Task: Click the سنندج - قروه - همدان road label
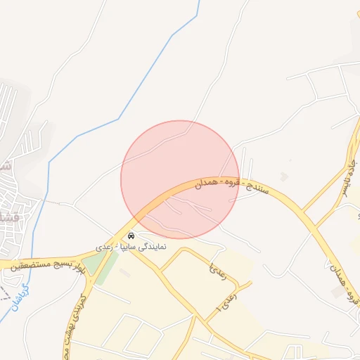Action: pyautogui.click(x=224, y=185)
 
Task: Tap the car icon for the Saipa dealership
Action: pyautogui.click(x=131, y=235)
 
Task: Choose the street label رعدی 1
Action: pyautogui.click(x=227, y=298)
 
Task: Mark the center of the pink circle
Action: pyautogui.click(x=180, y=179)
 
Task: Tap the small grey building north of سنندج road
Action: pyautogui.click(x=283, y=176)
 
